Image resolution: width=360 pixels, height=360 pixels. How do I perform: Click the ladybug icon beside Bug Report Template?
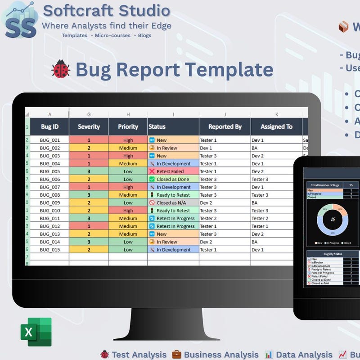pos(61,69)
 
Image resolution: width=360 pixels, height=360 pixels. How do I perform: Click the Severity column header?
pos(89,126)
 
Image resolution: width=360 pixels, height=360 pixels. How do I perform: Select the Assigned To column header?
pos(276,126)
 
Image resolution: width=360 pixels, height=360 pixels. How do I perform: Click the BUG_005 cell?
pos(49,171)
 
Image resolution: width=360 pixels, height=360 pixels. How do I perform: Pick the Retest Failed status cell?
pos(173,171)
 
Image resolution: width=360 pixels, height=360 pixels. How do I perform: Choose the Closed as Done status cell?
pos(173,179)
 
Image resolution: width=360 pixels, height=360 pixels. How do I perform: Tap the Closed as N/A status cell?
pos(173,202)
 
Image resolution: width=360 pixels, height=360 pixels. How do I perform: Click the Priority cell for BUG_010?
pos(128,211)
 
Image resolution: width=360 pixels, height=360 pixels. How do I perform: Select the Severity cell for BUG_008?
pos(89,195)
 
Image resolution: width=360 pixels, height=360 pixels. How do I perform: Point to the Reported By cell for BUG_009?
pos(225,202)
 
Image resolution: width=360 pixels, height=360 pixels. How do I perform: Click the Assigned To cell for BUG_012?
pos(276,226)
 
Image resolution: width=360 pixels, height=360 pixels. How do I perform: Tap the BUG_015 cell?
pos(49,250)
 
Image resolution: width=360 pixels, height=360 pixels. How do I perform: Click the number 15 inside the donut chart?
pos(333,220)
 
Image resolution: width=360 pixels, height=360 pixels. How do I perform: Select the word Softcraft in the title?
pos(75,10)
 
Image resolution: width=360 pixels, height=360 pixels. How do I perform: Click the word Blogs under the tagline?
pos(145,36)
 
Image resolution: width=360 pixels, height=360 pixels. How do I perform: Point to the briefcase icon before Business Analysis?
pos(177,355)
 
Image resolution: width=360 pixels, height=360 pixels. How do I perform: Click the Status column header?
pos(173,126)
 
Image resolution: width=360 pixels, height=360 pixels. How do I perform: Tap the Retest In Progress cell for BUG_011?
pos(173,218)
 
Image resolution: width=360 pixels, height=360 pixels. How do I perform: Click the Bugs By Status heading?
pos(333,254)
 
